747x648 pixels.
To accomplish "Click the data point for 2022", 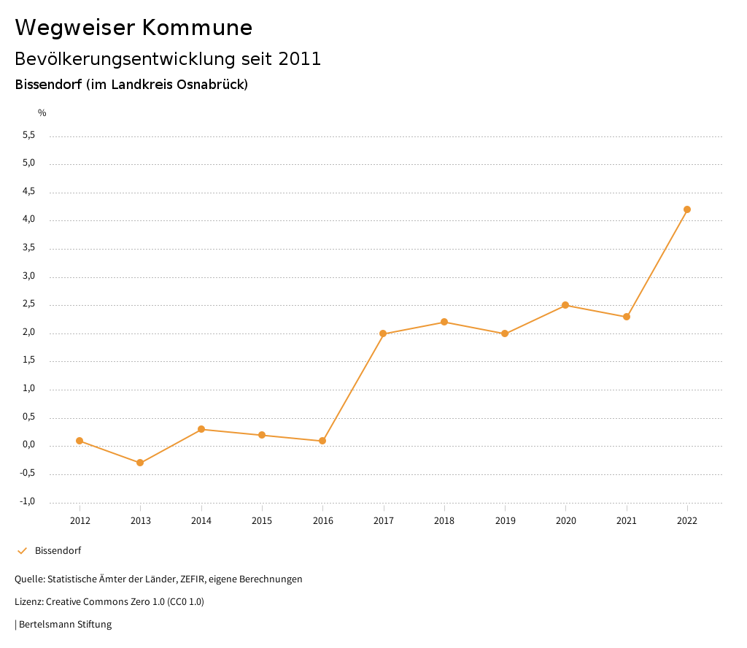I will point(687,209).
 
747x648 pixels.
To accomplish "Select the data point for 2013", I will point(140,463).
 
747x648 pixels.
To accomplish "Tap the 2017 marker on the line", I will point(383,333).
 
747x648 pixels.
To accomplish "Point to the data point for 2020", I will point(565,305).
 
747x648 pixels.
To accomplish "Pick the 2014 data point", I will point(201,429).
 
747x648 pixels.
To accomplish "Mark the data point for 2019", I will point(505,333).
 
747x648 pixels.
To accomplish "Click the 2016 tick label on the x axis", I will point(322,521).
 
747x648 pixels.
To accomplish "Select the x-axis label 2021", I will point(627,521).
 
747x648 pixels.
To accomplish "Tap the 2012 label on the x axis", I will point(80,521).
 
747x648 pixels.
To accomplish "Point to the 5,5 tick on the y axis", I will point(29,136).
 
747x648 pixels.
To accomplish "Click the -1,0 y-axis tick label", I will point(28,502).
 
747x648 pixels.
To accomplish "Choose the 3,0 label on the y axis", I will point(29,277).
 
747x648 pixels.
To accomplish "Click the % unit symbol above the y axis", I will point(42,113).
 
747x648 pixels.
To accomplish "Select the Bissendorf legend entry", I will point(58,551).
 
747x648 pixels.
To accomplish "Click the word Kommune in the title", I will point(197,28).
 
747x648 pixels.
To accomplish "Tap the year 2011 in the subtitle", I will point(300,59).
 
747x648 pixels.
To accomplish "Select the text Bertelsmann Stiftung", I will point(65,625).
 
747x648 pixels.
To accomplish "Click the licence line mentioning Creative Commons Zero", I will point(109,602).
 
